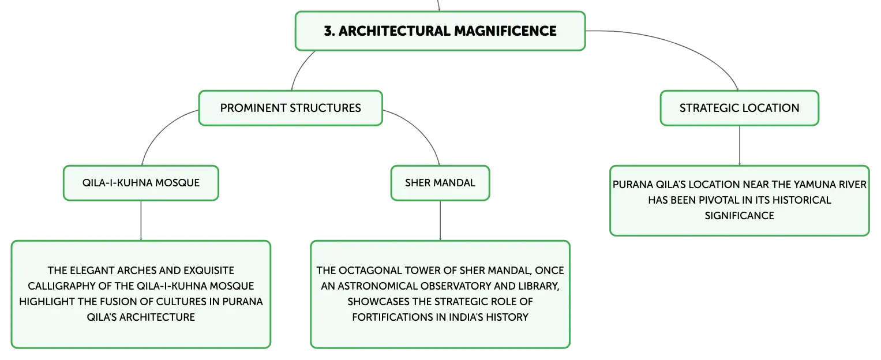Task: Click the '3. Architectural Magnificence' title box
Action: click(x=440, y=31)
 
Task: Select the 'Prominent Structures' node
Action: click(x=290, y=108)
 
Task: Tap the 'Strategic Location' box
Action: click(x=740, y=108)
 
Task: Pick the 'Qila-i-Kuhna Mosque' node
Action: click(x=141, y=183)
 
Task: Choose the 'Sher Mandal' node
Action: click(x=440, y=183)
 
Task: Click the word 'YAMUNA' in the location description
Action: click(x=814, y=185)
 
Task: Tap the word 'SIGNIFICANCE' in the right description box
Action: click(x=740, y=216)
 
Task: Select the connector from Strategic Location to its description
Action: click(x=740, y=145)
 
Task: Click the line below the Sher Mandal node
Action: click(x=440, y=220)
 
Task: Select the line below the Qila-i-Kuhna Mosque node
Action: click(x=141, y=220)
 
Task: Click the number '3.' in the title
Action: click(x=329, y=31)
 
